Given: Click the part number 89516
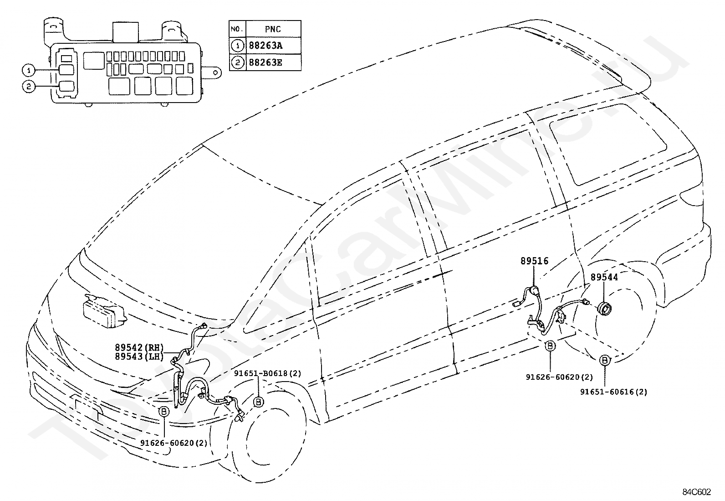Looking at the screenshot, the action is point(534,261).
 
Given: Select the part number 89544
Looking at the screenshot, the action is point(604,277).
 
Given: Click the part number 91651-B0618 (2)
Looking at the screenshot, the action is point(268,373).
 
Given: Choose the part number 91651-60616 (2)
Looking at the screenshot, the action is point(614,392).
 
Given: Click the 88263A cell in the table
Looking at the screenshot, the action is point(274,46).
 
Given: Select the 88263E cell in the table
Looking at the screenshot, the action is point(274,62).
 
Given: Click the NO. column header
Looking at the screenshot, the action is point(237,29).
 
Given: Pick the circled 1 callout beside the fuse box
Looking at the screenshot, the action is point(29,70).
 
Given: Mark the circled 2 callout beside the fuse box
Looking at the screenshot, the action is point(29,87).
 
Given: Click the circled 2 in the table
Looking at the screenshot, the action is point(238,62).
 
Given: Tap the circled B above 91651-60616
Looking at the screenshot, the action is point(604,360).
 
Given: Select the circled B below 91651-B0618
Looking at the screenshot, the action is point(258,402).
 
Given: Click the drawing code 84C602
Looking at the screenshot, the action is point(696,491).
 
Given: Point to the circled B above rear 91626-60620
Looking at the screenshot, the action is point(550,346).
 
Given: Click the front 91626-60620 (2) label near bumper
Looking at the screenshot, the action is point(174,443).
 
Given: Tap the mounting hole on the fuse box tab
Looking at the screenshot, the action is point(215,72).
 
